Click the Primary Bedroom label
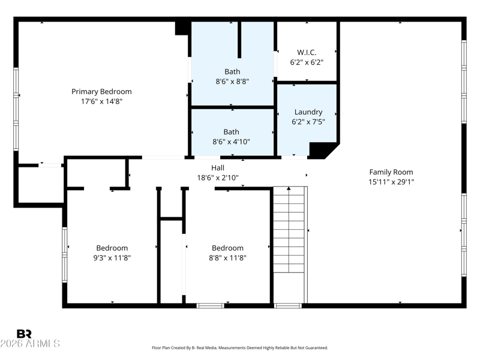101,92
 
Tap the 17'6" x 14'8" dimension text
101,101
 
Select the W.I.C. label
307,52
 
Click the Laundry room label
308,112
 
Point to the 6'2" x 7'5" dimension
308,122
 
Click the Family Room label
391,172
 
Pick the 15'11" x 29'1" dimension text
391,182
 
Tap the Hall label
218,168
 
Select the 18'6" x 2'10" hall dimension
218,178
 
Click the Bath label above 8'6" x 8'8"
232,71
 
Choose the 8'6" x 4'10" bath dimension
231,142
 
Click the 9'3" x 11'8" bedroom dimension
112,258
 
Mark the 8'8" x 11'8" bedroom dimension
227,258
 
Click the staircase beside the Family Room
289,229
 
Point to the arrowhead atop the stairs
289,188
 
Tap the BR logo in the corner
24,334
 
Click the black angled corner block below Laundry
323,151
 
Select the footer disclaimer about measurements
240,348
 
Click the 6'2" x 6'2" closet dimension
307,62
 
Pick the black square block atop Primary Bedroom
183,28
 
